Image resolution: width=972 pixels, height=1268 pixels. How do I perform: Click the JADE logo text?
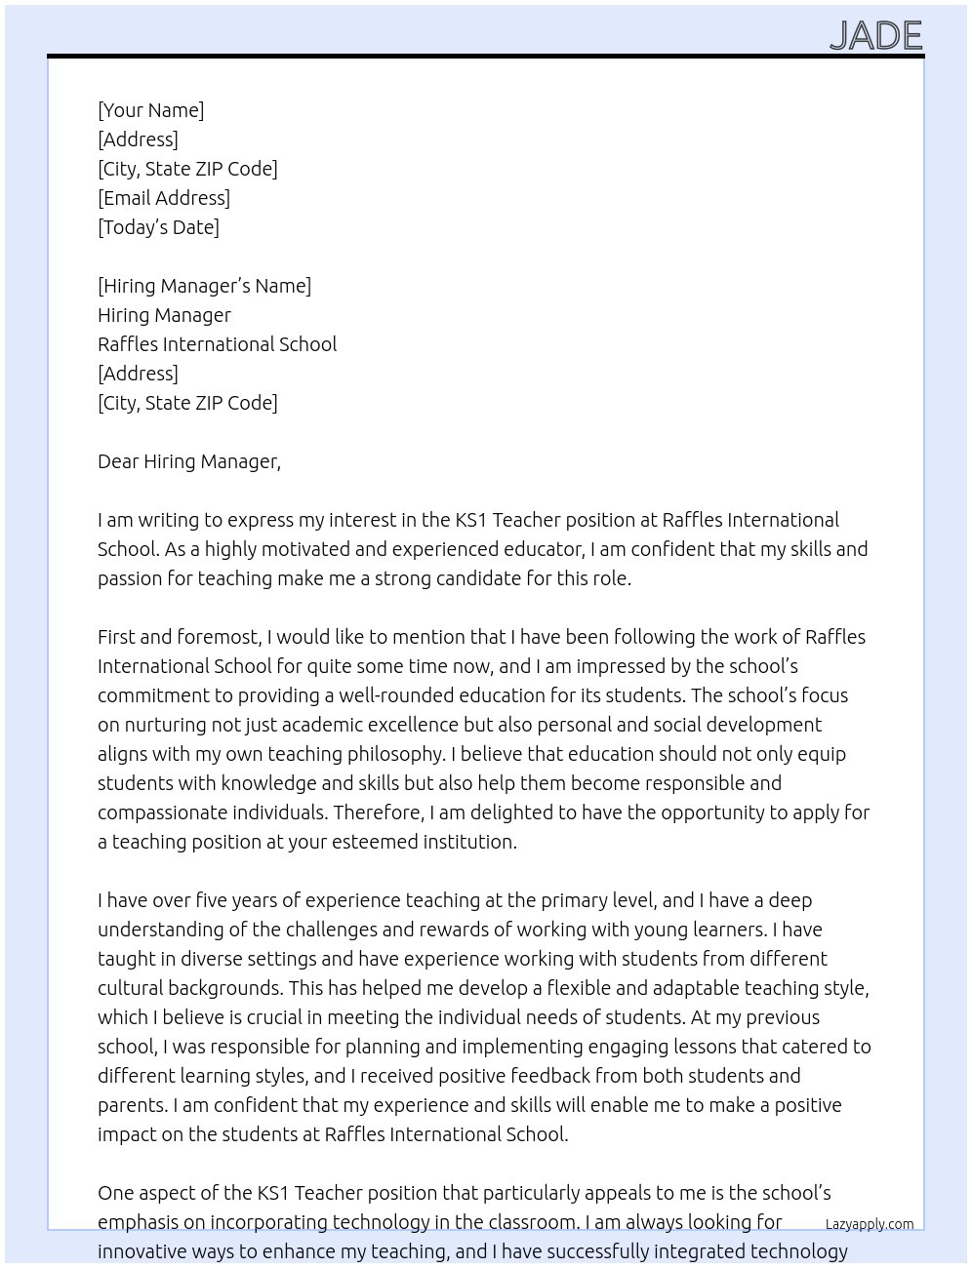click(875, 36)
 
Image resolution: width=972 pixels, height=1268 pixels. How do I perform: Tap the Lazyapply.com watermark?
click(869, 1224)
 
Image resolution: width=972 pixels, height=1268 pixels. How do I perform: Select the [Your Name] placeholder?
click(150, 110)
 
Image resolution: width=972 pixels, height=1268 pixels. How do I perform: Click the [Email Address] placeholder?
click(164, 198)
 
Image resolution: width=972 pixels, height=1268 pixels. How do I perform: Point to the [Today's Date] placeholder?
click(158, 227)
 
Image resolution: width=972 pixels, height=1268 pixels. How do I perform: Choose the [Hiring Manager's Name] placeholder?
click(204, 286)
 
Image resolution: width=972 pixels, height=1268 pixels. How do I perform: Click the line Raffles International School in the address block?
click(217, 344)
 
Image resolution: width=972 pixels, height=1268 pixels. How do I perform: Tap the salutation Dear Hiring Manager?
click(188, 461)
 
